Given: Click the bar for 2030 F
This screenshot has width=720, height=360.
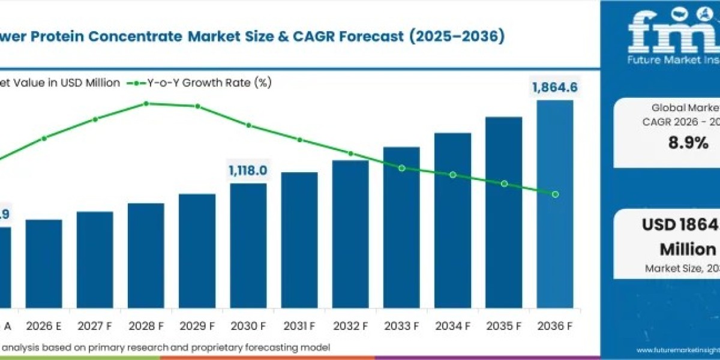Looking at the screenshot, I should click(248, 245).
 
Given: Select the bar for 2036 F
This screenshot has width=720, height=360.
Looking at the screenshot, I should click(554, 204).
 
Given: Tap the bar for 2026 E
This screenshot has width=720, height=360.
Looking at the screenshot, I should click(44, 264).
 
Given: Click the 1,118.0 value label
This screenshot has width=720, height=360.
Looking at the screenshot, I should click(248, 171).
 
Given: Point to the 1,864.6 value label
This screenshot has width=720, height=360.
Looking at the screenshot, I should click(554, 88).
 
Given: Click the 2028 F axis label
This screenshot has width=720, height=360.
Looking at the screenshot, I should click(146, 326).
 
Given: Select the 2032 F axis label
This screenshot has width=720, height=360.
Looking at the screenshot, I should click(350, 326).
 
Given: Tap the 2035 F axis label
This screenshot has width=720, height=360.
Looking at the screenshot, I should click(504, 326).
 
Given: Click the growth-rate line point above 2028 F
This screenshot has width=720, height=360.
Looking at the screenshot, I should click(146, 103).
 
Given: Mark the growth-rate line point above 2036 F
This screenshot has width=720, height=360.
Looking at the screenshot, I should click(555, 194).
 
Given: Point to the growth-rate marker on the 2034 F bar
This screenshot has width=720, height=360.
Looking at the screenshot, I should click(453, 175).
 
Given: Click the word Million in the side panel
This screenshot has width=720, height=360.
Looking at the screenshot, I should click(688, 249).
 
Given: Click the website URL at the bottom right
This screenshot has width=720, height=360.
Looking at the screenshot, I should click(678, 350).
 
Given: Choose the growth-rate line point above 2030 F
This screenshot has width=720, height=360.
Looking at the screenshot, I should click(248, 125).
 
